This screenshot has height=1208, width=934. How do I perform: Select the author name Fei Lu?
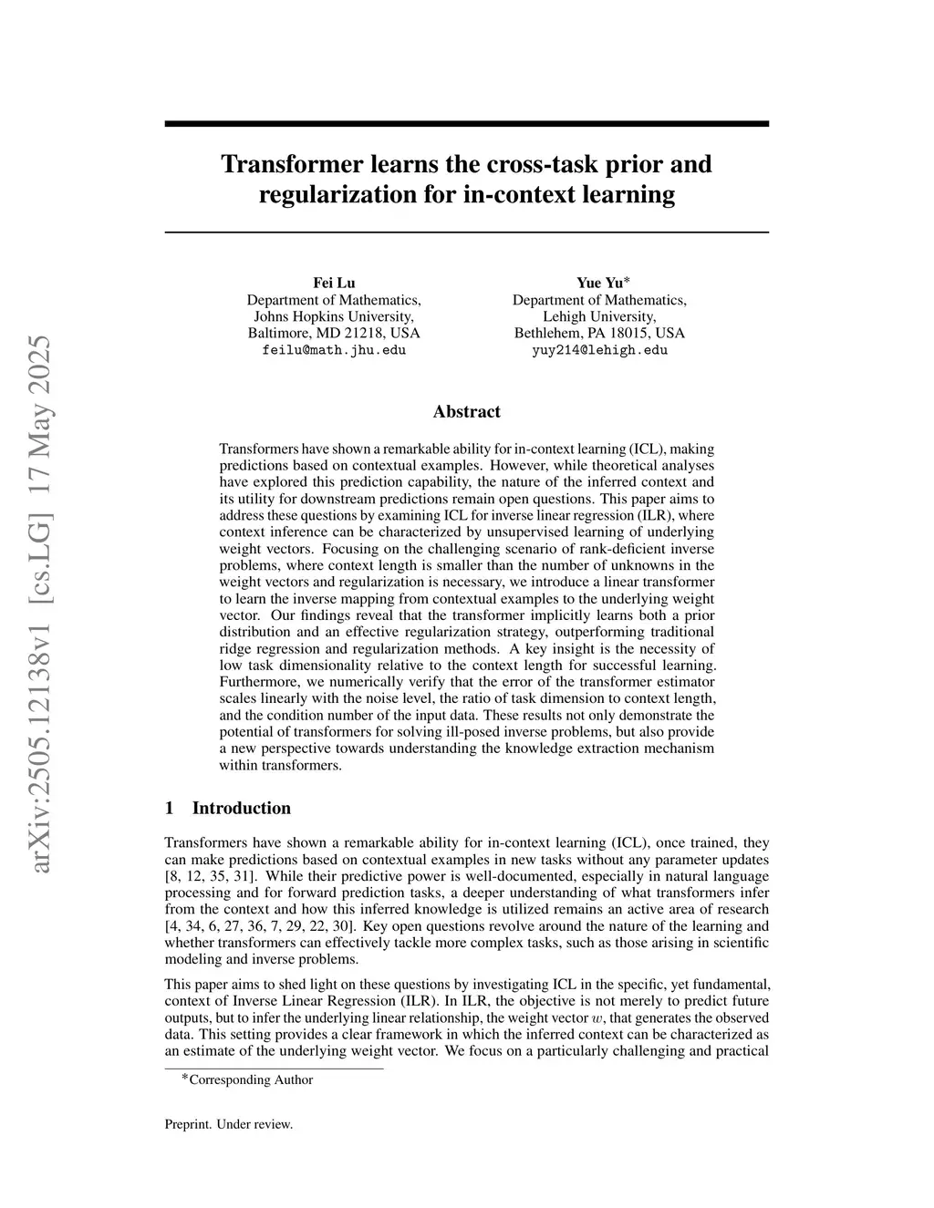[334, 283]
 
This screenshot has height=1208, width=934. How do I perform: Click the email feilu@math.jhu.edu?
[334, 350]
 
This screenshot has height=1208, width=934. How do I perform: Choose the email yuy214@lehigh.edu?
[599, 350]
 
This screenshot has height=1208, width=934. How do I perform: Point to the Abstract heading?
[466, 411]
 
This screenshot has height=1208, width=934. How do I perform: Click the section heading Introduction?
[241, 808]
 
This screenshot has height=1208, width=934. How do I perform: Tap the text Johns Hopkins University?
[334, 316]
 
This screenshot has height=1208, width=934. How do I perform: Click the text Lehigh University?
[599, 316]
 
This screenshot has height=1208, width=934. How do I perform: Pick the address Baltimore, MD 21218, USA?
[334, 333]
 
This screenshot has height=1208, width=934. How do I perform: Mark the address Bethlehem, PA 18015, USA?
[599, 333]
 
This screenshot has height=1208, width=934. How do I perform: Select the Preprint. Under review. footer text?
[228, 1124]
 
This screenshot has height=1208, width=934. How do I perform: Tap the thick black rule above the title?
[466, 123]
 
